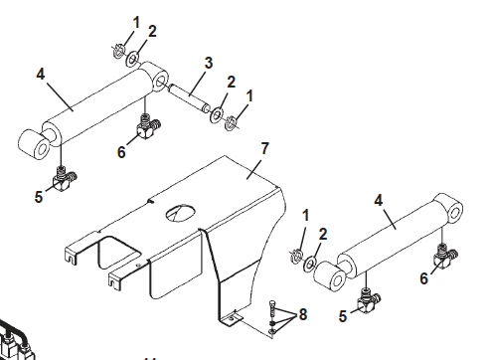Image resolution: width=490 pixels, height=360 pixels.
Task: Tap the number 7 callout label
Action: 264,150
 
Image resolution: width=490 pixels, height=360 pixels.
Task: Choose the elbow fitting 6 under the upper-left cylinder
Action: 148,126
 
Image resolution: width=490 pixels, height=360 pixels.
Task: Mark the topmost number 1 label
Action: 136,21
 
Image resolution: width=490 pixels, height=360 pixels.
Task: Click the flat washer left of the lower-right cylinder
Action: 311,265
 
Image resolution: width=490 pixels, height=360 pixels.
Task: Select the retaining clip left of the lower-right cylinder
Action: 295,259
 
